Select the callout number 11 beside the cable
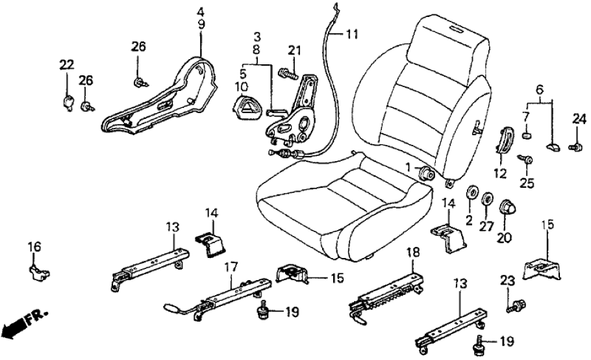[x=351, y=34]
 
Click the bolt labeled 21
[x=286, y=73]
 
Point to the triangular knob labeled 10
[x=247, y=103]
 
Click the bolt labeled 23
[x=518, y=303]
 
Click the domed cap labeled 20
[x=507, y=209]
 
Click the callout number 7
[x=527, y=116]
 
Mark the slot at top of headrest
[x=455, y=29]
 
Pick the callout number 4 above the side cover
[x=201, y=11]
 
